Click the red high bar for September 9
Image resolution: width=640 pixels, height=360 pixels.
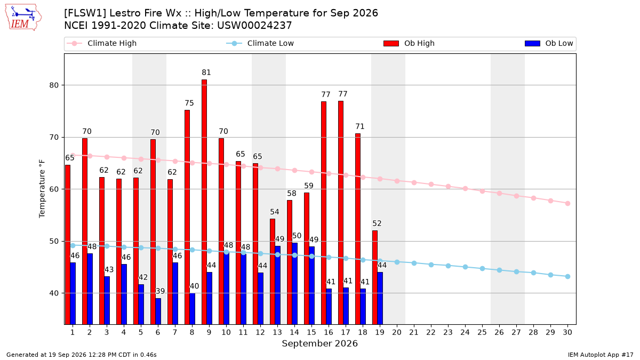tap(204, 202)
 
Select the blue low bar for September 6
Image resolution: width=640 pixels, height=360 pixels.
tap(158, 311)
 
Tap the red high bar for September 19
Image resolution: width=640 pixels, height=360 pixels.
tap(375, 277)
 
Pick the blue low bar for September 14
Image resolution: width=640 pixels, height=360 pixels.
tap(294, 284)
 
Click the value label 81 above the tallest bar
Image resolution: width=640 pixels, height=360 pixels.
tap(206, 73)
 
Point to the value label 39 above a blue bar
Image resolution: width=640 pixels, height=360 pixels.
tap(160, 291)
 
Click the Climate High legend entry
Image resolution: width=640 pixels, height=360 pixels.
tap(102, 43)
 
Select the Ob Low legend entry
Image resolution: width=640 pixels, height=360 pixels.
tap(549, 43)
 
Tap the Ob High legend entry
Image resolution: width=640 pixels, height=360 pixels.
tap(409, 43)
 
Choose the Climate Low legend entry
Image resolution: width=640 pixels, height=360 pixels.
tap(260, 43)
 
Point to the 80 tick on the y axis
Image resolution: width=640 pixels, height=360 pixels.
tap(54, 85)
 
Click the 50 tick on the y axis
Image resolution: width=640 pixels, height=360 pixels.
tap(54, 242)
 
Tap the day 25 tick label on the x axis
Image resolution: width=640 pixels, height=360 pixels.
tap(482, 332)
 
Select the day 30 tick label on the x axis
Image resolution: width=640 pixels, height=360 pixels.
tap(567, 332)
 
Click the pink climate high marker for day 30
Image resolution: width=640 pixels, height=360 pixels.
tap(567, 203)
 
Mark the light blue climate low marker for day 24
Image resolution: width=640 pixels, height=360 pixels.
tap(465, 267)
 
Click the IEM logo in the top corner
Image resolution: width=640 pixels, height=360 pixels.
tap(23, 18)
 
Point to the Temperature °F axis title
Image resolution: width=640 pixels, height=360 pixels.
tap(42, 189)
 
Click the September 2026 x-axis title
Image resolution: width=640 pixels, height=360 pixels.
tap(319, 343)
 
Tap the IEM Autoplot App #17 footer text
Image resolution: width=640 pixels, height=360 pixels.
tap(601, 355)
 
